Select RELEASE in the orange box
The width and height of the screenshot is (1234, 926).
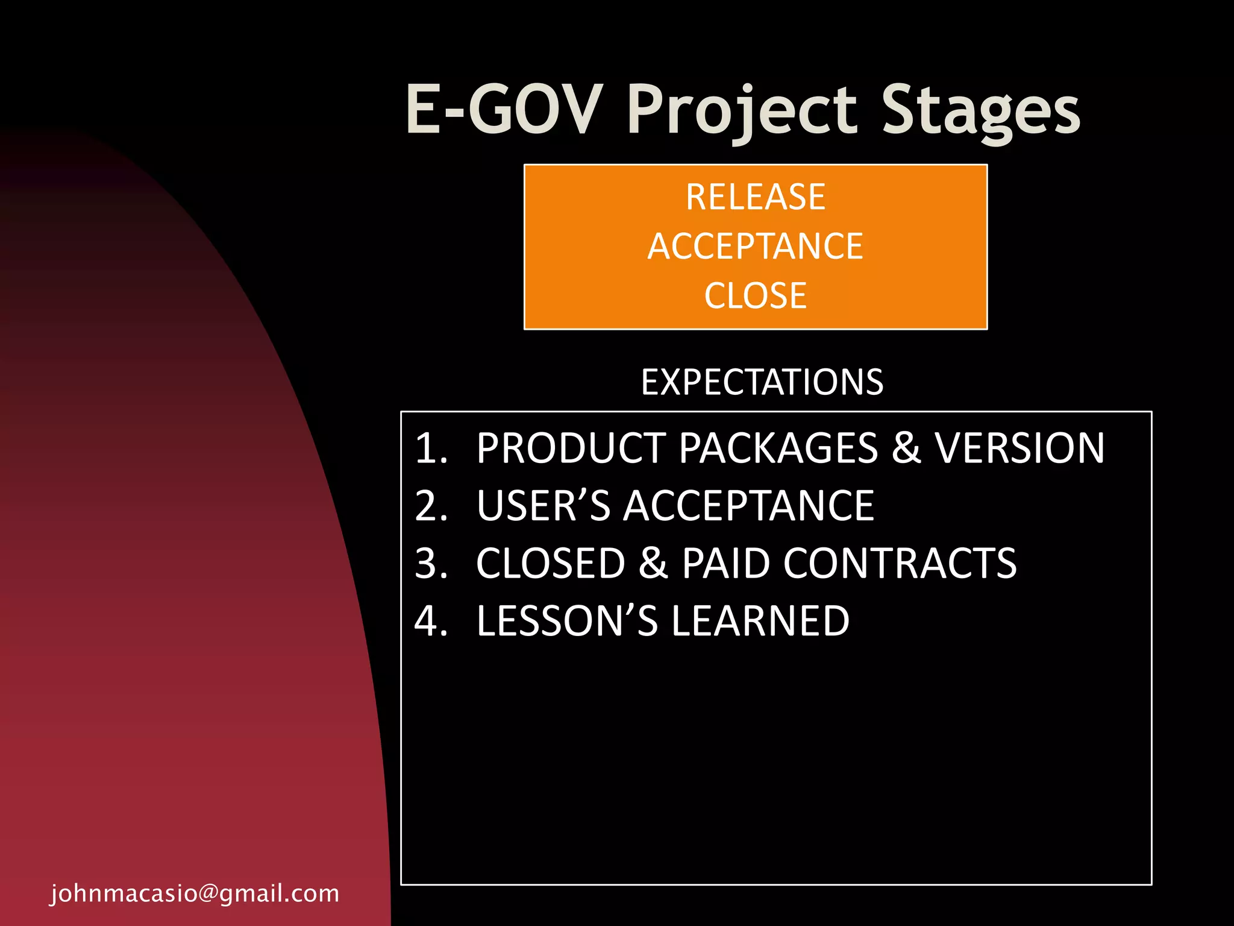[x=756, y=197]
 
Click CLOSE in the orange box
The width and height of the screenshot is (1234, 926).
[x=756, y=295]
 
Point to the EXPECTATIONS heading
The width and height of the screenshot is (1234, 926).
[x=762, y=382]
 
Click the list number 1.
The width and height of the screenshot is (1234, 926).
[x=430, y=449]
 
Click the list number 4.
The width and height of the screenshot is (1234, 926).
[x=430, y=621]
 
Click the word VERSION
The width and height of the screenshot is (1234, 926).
[x=1019, y=449]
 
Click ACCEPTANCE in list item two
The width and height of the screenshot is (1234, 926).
[x=748, y=505]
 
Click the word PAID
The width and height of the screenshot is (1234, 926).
[x=726, y=564]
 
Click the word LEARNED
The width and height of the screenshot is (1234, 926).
[x=760, y=621]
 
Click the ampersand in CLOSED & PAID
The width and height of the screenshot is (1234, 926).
[x=653, y=564]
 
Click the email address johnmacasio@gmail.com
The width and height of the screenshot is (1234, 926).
[x=195, y=893]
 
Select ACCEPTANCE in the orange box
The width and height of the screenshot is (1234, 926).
[x=756, y=246]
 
